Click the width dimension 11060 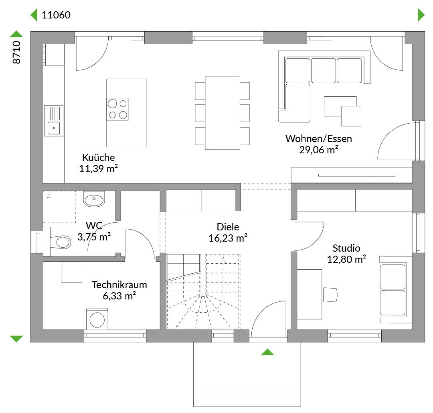click(56, 15)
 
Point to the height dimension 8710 click(16, 52)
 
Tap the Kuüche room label click(98, 157)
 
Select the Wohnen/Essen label click(319, 138)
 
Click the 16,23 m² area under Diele click(228, 238)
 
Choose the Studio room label click(346, 248)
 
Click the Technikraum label click(119, 285)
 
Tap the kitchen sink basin click(54, 128)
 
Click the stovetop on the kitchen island click(117, 109)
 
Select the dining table click(222, 113)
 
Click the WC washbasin click(94, 199)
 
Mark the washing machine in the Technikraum click(97, 319)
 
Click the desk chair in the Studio click(330, 295)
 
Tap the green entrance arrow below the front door click(267, 352)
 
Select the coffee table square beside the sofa click(351, 116)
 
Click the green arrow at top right click(421, 15)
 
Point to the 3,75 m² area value click(94, 237)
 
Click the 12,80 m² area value click(346, 260)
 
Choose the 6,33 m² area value click(119, 296)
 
